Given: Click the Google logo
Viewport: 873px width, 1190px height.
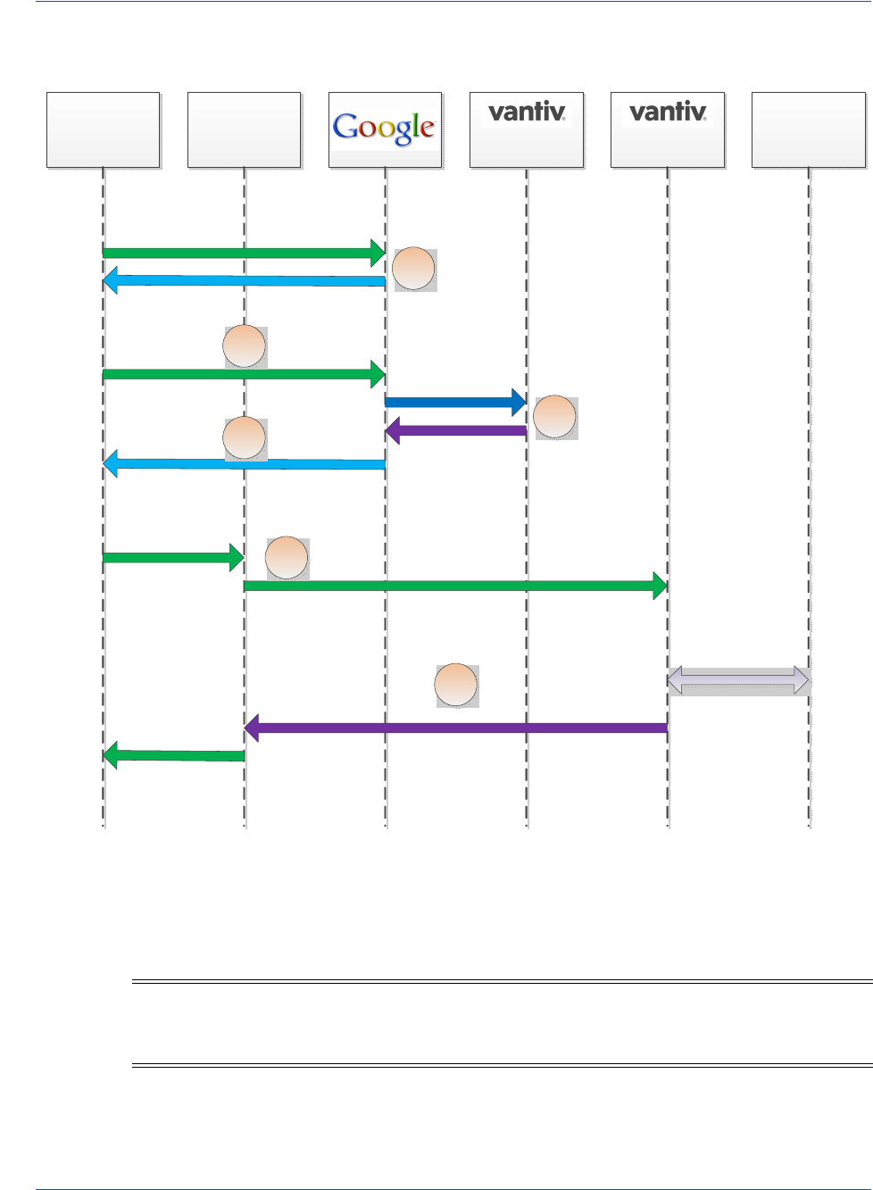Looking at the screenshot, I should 384,128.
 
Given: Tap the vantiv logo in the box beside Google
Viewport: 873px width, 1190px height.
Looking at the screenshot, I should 527,112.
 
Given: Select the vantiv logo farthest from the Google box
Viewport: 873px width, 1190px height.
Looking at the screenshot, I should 668,112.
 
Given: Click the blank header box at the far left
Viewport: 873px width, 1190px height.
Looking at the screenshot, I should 104,130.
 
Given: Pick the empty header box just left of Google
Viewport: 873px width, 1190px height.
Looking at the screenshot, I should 245,130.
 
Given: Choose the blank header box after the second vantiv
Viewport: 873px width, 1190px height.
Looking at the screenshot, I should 808,130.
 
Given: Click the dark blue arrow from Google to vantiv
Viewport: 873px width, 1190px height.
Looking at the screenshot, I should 454,403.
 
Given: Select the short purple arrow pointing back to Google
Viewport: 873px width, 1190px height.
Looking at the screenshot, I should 456,431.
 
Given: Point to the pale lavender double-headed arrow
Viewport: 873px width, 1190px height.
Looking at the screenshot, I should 738,681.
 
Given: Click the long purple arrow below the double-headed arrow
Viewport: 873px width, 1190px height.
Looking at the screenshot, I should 456,728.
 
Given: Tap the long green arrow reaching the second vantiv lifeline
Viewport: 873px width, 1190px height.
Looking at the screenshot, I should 455,587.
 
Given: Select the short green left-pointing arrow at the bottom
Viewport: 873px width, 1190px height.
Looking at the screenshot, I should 174,756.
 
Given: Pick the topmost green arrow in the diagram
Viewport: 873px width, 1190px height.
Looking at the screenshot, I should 244,253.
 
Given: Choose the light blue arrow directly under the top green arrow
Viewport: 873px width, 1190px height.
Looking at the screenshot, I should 244,281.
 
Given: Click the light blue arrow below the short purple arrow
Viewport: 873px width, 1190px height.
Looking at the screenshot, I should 244,464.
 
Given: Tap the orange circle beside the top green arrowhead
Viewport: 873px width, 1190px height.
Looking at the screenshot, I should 414,269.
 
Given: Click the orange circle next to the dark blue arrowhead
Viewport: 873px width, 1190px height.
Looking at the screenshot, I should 555,418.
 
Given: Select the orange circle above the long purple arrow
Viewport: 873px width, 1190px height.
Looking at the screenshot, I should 456,686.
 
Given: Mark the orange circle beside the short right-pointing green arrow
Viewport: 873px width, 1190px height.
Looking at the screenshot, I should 287,558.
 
